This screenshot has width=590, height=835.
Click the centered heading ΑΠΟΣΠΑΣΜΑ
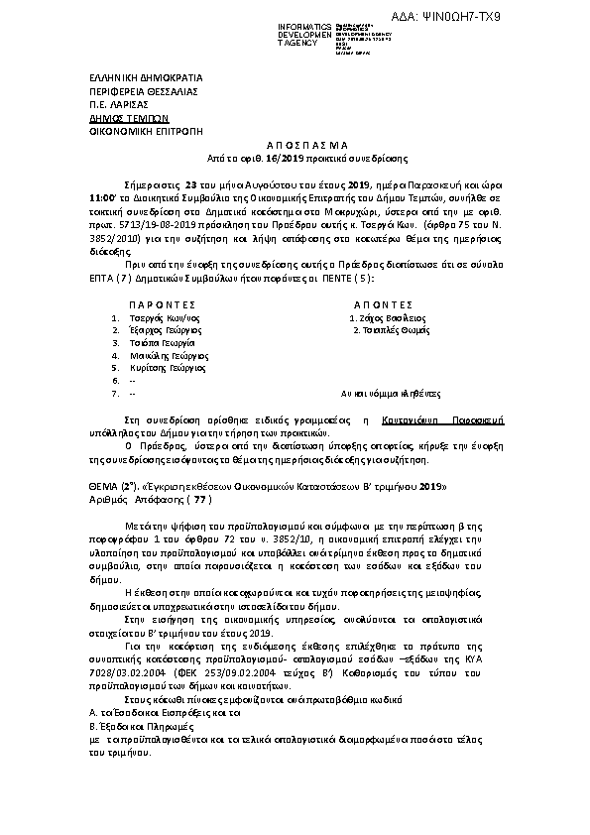(x=294, y=144)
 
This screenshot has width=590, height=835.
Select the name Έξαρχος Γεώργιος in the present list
(x=161, y=329)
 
